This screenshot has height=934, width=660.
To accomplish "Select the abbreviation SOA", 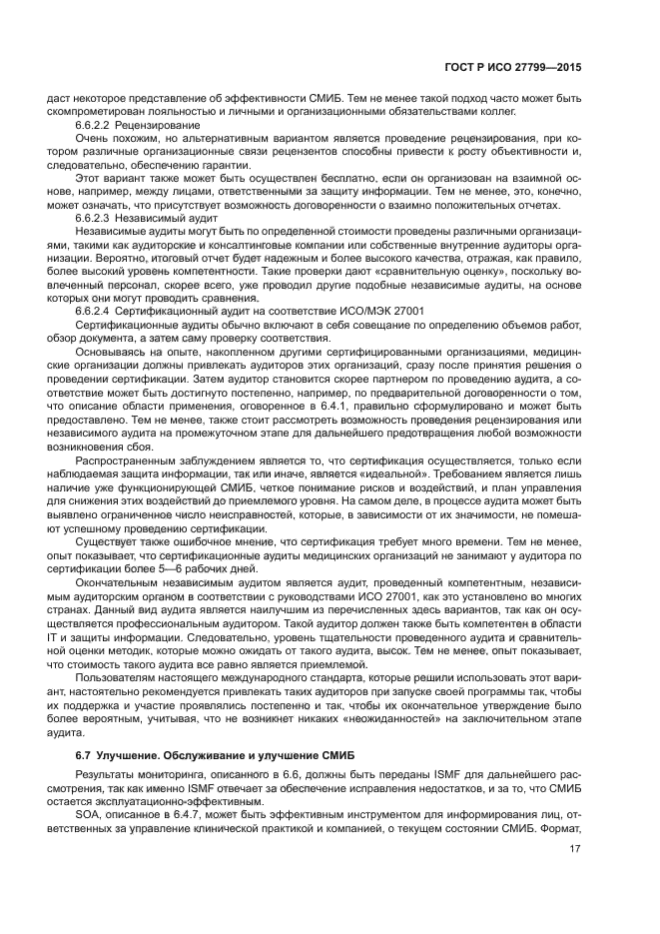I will (x=89, y=814).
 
